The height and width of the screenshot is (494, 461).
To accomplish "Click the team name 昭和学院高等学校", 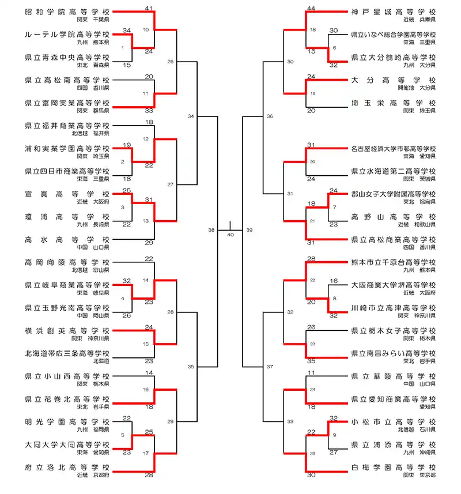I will [67, 12].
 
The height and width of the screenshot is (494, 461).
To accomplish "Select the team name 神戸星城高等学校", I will [393, 12].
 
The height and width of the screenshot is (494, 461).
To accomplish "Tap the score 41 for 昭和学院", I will [149, 8].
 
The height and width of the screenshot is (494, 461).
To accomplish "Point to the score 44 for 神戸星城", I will [312, 8].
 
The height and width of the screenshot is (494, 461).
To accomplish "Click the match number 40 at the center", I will [231, 235].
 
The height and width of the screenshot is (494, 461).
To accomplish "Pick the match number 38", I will [211, 229].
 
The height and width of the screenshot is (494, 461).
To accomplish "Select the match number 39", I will [249, 229].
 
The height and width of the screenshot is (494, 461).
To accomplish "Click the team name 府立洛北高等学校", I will [67, 467].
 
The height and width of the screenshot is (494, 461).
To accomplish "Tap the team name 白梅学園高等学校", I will [393, 467].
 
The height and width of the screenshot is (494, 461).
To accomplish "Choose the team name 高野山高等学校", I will [393, 217].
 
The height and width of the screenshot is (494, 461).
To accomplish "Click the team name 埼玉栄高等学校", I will [393, 103].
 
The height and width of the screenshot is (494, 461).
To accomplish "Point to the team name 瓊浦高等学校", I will [67, 217].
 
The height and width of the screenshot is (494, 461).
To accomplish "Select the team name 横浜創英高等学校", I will [67, 331].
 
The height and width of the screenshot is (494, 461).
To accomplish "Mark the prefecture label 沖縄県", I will [427, 452].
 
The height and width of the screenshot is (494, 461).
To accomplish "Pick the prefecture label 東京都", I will [427, 476].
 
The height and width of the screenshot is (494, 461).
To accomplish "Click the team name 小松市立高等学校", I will [393, 421].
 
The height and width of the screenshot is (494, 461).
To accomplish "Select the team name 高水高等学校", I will [67, 239].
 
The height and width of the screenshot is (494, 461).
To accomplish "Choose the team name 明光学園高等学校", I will [67, 421].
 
